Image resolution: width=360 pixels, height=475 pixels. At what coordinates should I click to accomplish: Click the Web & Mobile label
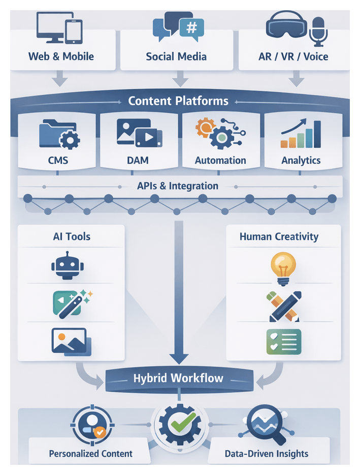coord(61,56)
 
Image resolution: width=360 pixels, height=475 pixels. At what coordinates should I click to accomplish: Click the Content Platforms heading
coord(178,100)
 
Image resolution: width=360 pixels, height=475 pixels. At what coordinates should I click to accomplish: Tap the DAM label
coord(138,160)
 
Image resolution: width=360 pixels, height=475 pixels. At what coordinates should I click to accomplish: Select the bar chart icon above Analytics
coord(301,134)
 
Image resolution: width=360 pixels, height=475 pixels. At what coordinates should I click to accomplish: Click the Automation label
coord(220,160)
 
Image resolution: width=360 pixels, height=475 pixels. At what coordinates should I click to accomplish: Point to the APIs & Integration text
coord(178,186)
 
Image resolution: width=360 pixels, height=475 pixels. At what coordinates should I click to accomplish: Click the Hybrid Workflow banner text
coord(178,378)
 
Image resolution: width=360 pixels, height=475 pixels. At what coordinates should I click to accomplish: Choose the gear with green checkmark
coord(178,424)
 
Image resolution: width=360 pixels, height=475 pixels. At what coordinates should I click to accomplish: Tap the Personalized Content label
coord(90,454)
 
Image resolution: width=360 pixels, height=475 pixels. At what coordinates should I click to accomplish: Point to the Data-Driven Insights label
coord(266,454)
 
